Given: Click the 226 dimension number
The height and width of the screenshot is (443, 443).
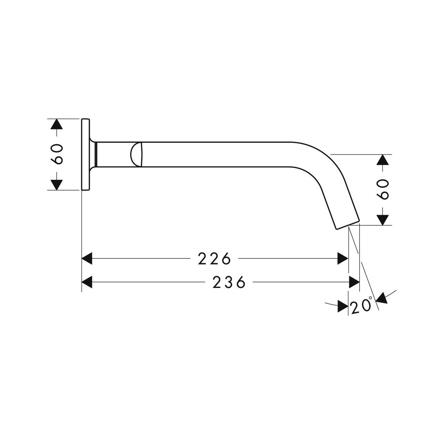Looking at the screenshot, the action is (214, 258).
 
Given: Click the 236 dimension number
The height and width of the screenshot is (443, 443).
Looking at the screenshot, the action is (229, 282).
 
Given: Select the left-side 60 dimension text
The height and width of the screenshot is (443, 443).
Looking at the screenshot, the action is (56, 154).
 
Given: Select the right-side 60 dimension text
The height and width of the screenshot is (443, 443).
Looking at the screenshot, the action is (382, 190).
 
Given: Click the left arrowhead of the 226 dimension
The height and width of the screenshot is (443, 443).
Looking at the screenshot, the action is (87, 258).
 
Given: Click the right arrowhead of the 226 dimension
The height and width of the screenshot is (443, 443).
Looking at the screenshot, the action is (343, 258).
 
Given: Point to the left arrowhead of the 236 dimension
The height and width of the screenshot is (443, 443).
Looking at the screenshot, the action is (87, 282).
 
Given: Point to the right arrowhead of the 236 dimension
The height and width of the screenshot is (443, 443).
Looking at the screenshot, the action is (354, 282).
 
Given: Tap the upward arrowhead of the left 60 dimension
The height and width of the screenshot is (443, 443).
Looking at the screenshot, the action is (56, 124).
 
